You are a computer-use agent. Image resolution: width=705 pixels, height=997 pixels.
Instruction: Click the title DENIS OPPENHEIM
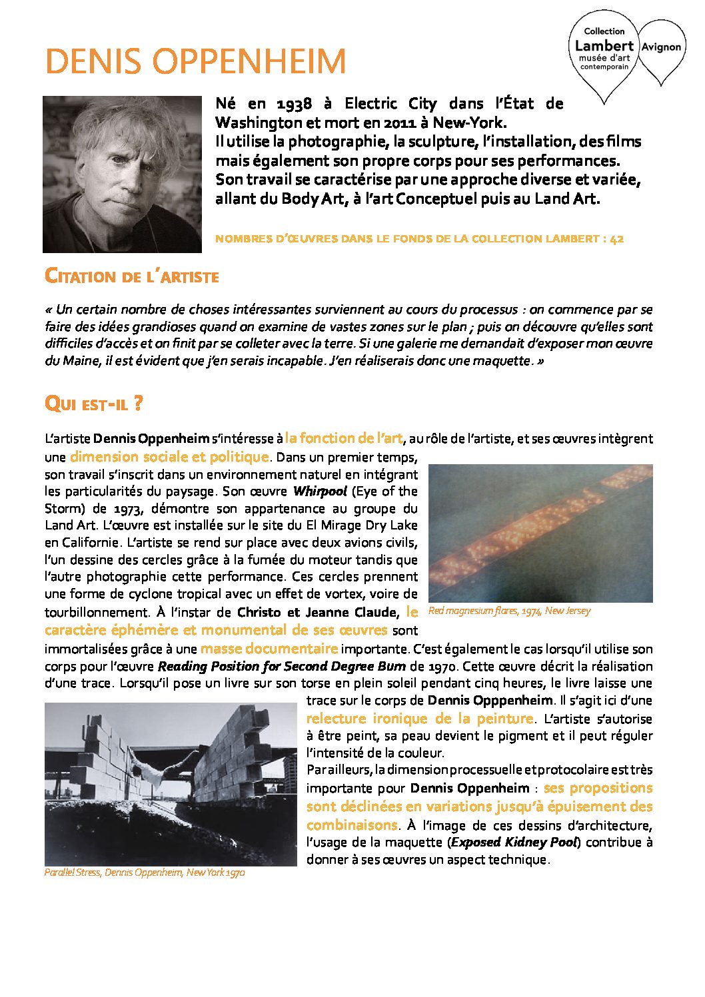pos(195,62)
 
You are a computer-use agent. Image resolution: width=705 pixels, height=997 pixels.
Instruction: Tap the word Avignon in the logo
pos(661,47)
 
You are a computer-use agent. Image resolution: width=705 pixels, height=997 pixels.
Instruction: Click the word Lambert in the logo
pos(604,45)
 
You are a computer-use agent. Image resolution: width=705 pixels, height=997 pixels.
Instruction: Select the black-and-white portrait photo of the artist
pos(122,174)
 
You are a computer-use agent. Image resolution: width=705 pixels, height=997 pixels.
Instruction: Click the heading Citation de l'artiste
pos(131,276)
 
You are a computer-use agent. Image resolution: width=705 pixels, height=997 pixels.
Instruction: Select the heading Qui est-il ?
pos(93,404)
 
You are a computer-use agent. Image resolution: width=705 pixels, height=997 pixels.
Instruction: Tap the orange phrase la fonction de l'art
pos(343,438)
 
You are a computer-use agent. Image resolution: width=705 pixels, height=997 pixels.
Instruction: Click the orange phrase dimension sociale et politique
pos(169,457)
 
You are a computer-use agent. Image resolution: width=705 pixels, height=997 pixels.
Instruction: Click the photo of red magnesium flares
pos(540,533)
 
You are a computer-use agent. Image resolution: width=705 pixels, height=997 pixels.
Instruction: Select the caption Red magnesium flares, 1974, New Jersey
pos(509,611)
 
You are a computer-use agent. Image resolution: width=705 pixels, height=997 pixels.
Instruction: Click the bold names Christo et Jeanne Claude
pos(317,612)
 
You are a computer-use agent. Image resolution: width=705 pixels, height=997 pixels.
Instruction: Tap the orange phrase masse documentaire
pos(269,649)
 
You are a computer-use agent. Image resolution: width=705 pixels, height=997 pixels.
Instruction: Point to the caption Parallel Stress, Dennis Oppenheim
pos(144,872)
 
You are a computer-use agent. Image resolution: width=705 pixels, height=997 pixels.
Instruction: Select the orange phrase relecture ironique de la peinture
pos(420,719)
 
